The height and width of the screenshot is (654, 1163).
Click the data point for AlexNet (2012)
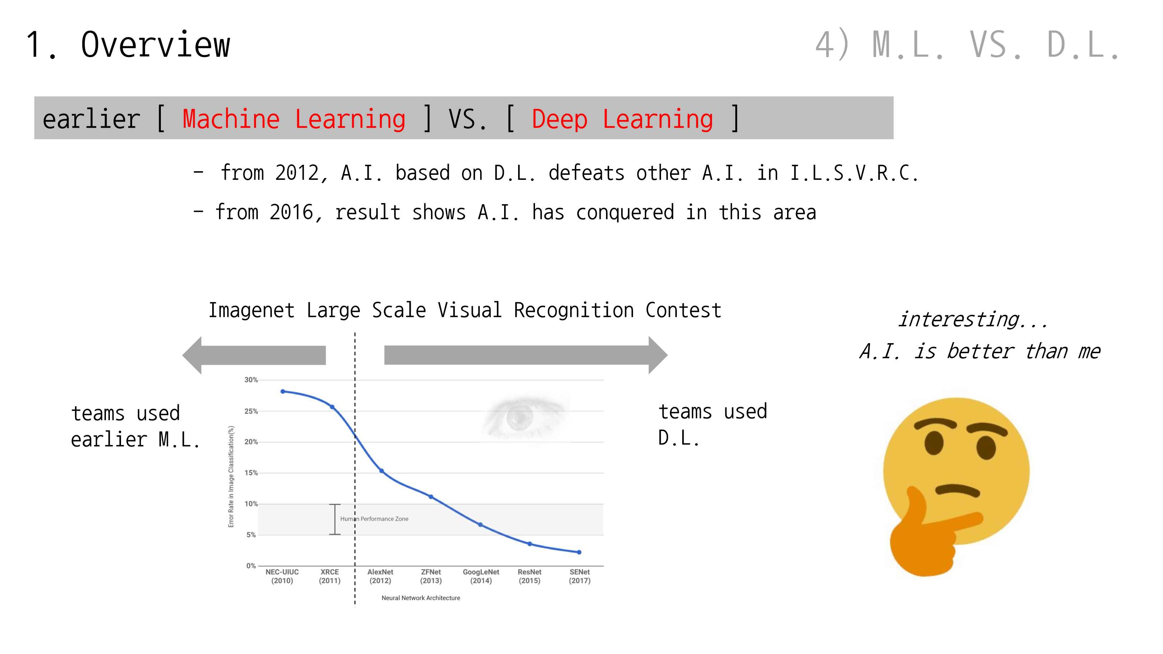381,471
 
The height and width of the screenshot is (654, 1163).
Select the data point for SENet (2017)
579,552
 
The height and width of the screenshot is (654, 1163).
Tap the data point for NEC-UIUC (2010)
283,391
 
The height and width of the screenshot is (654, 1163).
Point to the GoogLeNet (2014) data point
480,525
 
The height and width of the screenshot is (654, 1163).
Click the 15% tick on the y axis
251,473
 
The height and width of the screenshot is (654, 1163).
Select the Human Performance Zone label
374,519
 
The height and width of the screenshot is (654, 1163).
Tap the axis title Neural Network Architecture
421,598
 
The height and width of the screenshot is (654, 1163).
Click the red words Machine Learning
294,119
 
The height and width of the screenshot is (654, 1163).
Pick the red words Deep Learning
622,119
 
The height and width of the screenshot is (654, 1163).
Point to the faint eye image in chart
524,417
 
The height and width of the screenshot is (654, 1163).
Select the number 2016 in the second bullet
291,212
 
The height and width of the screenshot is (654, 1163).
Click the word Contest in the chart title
683,310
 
